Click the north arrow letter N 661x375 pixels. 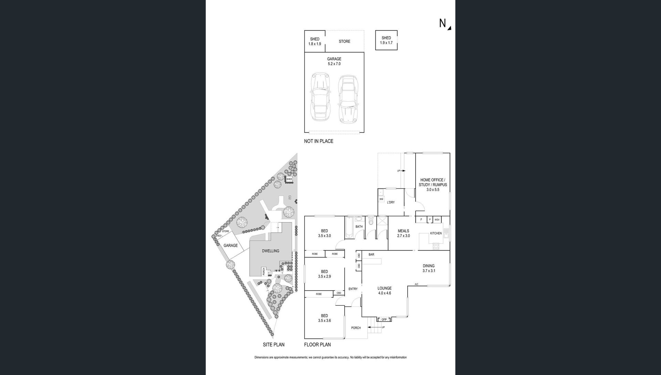coord(442,23)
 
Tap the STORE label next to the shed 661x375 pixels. coord(344,41)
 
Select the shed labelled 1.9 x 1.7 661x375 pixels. coord(386,40)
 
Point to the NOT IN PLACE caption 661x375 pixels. coord(318,141)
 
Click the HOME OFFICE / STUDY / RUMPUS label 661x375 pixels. coord(433,185)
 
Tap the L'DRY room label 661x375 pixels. coord(391,202)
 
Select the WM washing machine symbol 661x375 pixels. coord(381,199)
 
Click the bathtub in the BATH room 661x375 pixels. coord(349,227)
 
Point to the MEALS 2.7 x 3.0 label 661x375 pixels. coord(403,233)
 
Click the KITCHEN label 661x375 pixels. coord(436,233)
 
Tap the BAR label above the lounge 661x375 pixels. coord(371,255)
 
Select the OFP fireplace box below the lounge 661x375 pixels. coord(384,320)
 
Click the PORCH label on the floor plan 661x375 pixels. coord(356,328)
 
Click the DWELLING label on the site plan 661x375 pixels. coord(271,251)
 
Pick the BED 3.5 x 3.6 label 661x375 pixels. coord(324,318)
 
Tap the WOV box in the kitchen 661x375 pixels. coord(437,220)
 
